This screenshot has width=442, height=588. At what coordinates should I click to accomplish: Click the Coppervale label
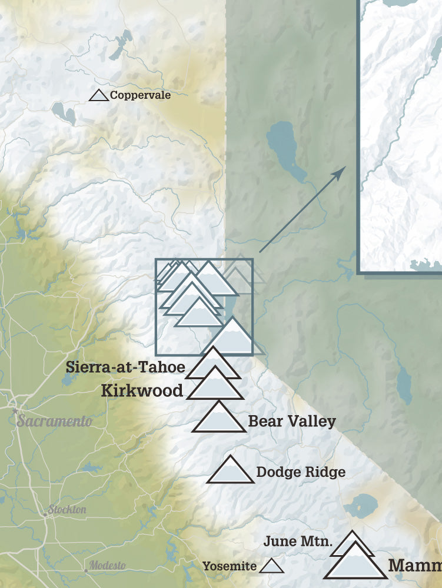point(140,95)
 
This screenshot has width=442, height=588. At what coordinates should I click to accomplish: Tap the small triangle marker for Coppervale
point(99,95)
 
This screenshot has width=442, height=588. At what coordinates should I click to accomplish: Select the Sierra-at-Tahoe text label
point(125,367)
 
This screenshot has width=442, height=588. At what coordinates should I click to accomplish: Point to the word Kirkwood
point(142,390)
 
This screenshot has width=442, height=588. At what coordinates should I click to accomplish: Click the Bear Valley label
point(292,421)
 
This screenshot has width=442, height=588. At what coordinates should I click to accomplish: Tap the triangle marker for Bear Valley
point(220,419)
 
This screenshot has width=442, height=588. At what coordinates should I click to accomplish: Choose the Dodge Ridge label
point(301,472)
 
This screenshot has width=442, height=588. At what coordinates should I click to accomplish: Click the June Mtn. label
point(298,541)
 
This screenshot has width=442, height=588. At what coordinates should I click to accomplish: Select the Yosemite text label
point(230,566)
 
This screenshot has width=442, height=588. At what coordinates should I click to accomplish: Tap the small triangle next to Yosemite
point(272,567)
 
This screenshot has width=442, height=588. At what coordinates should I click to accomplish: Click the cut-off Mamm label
point(414,566)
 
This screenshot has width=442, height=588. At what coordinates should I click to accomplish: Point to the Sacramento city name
point(54,421)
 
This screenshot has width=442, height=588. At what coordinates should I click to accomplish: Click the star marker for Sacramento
point(14,410)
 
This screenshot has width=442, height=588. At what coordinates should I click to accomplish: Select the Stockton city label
point(67,509)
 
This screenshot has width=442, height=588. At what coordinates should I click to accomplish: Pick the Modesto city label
point(107,566)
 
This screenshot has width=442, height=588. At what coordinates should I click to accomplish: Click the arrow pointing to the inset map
point(303,209)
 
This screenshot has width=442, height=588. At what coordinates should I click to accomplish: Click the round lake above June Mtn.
point(360,506)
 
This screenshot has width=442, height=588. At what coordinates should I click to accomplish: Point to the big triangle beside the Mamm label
point(355,563)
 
